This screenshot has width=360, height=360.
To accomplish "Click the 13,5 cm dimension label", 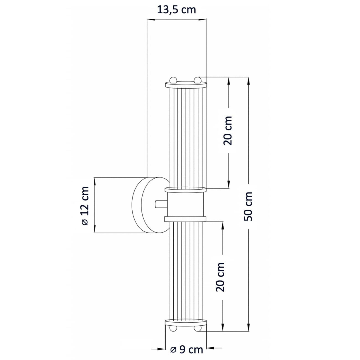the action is [176, 10].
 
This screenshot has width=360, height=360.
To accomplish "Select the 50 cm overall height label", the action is [248, 206].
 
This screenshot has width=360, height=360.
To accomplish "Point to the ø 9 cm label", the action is [186, 349].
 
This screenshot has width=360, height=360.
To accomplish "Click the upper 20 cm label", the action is [228, 131].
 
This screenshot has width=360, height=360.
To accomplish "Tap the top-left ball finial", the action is [173, 80].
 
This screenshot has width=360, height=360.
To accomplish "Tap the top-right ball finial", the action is [197, 80].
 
